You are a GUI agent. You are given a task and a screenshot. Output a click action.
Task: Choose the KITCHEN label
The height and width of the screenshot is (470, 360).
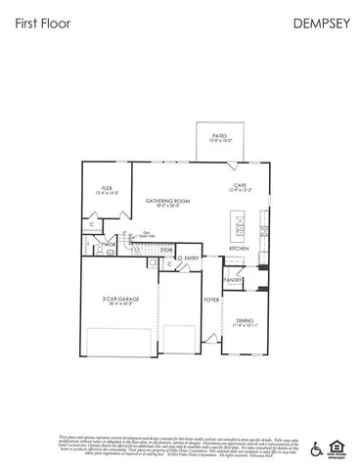(x=239, y=249)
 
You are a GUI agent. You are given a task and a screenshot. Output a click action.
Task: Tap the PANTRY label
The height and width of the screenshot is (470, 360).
(x=232, y=280)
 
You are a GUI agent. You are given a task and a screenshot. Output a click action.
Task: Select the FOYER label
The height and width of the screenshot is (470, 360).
(x=210, y=300)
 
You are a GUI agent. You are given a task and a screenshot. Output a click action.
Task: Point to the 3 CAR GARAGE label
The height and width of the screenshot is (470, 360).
(x=119, y=301)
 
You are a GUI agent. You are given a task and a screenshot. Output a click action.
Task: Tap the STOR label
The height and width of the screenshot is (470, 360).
(x=166, y=251)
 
